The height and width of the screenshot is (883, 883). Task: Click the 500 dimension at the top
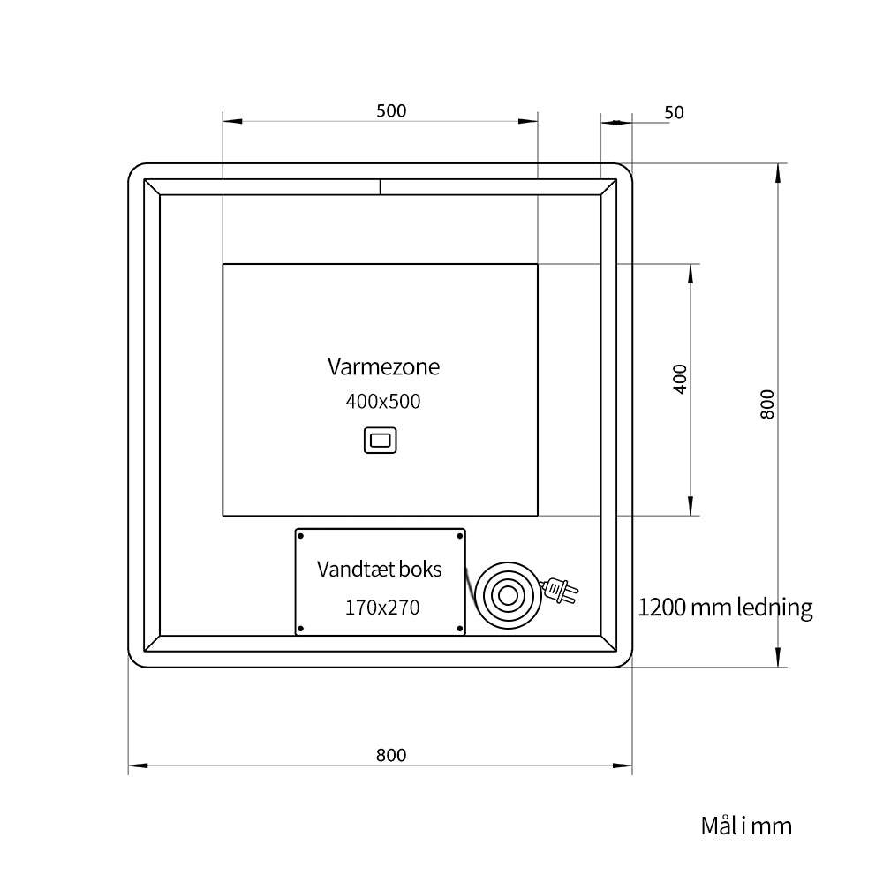click(391, 111)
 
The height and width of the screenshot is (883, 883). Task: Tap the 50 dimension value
click(674, 113)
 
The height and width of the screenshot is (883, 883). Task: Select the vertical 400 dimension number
click(680, 379)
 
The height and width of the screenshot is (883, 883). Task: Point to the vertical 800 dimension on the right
click(767, 404)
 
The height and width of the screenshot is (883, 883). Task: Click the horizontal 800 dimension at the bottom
click(391, 755)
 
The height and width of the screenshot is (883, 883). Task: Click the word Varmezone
click(383, 366)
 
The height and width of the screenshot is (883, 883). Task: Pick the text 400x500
click(383, 402)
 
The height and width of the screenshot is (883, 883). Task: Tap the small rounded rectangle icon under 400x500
click(380, 440)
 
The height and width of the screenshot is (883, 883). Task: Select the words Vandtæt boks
click(379, 569)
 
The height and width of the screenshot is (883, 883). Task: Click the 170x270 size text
click(382, 608)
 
